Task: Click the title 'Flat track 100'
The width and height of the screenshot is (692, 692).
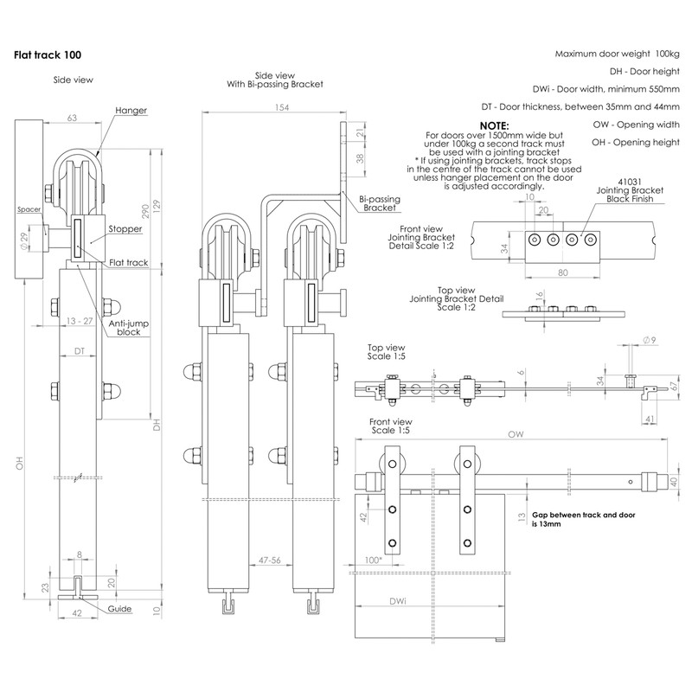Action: click(x=48, y=54)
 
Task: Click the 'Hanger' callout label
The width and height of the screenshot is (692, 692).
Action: click(x=131, y=111)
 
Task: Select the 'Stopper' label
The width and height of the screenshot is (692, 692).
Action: click(x=126, y=231)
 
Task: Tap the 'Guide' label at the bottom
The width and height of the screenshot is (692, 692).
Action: click(x=120, y=609)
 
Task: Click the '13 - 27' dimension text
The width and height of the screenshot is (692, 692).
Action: click(x=79, y=320)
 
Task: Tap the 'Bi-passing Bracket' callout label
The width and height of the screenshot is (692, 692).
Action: click(x=379, y=203)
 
